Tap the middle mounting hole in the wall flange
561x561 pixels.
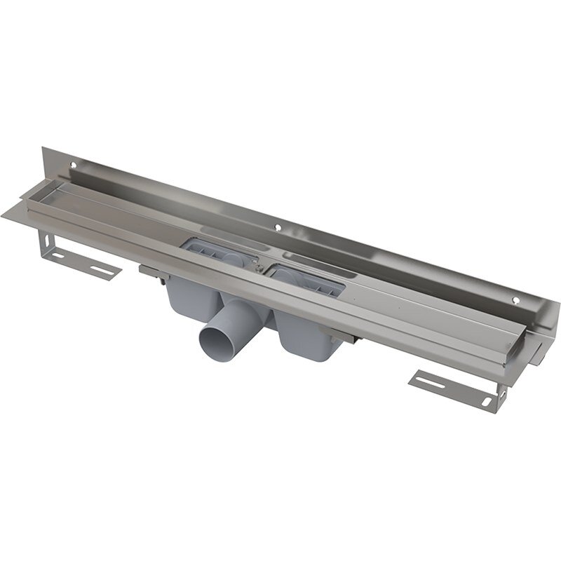(280, 227)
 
